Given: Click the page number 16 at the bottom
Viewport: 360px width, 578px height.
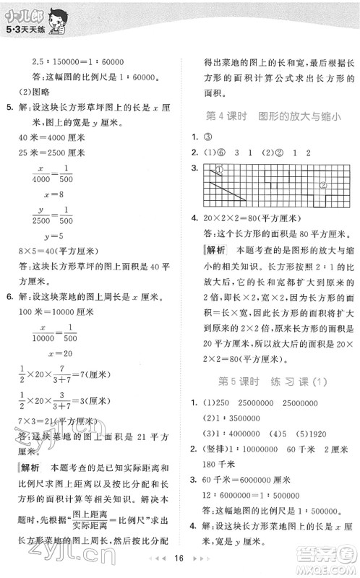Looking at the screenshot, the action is pyautogui.click(x=179, y=559).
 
